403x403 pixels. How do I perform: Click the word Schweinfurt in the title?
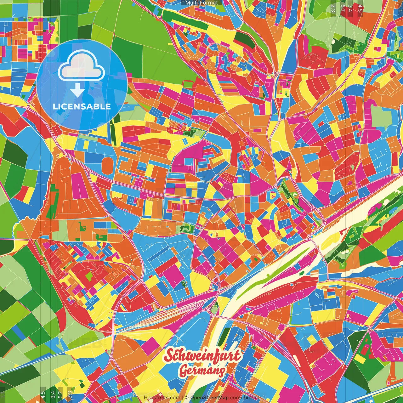point(203,356)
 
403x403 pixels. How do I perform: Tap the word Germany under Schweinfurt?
point(202,371)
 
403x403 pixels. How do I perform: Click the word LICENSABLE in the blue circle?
point(82,106)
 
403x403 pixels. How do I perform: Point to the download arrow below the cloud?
point(77,91)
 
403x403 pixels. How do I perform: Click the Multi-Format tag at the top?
point(201,3)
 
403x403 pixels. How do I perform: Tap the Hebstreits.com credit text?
point(162,398)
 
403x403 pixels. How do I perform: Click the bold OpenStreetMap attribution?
point(209,398)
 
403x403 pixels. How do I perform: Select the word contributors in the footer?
point(245,398)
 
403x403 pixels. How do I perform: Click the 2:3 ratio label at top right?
point(333,8)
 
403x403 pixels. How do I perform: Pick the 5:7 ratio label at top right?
point(343,8)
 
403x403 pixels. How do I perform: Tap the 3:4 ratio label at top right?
point(350,8)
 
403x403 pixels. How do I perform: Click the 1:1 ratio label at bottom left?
point(3,395)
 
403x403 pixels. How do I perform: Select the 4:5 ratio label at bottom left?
point(43,395)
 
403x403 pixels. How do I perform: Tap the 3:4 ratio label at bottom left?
point(53,395)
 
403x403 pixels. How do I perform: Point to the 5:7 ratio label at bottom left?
point(60,395)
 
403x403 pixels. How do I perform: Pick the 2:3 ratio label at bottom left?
point(70,395)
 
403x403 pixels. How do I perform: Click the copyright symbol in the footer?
point(187,398)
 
